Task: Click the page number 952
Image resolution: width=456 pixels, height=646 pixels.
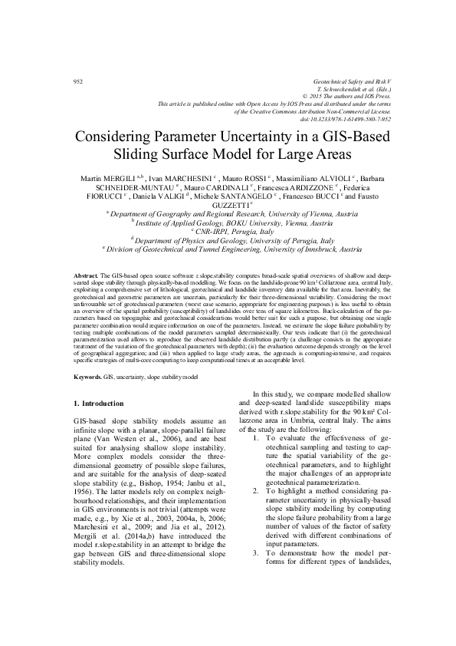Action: [77, 81]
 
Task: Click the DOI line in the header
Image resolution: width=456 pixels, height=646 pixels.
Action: [346, 119]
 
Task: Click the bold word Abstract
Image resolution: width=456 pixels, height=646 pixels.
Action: [84, 295]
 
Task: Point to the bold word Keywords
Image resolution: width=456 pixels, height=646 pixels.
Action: [87, 378]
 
